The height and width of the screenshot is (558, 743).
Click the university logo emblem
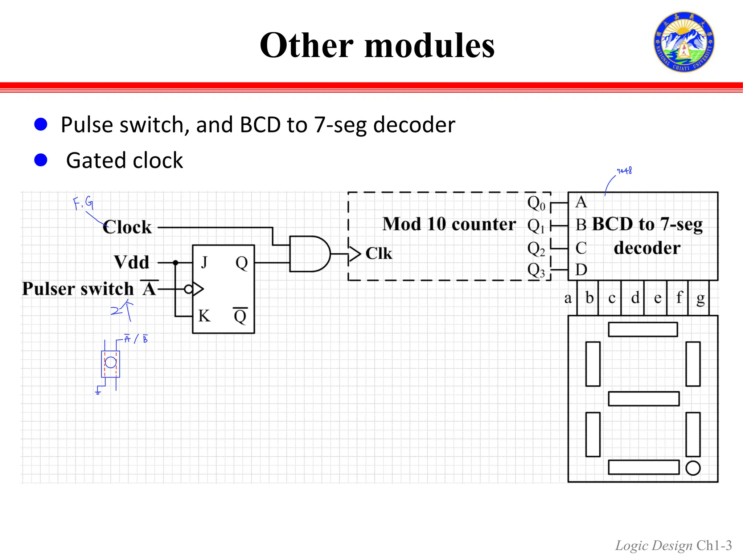pos(684,42)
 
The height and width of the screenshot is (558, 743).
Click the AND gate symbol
pos(308,254)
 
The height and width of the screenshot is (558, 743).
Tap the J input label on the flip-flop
pos(205,262)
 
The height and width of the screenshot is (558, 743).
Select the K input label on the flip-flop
pos(204,315)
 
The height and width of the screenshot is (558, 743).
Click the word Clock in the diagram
pos(127,227)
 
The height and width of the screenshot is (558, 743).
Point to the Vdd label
pos(131,262)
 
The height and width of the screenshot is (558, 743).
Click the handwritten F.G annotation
pos(83,203)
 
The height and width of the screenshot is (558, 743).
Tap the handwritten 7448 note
pos(624,171)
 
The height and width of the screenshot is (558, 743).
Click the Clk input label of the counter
pos(378,253)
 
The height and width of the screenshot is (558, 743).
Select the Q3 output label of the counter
pos(536,270)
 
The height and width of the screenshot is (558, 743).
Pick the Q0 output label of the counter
pos(536,203)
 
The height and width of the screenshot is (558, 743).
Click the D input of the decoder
pos(581,270)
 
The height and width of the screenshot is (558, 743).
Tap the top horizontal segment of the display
pos(643,329)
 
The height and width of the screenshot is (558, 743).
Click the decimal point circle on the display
pos(693,468)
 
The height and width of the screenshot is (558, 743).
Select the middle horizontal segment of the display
pos(643,399)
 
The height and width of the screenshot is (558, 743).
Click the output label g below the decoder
pos(701,299)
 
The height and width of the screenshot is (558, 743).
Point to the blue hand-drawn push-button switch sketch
pos(110,363)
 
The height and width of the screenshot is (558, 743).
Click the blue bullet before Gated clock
pos(41,160)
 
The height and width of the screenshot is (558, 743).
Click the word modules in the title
pos(429,45)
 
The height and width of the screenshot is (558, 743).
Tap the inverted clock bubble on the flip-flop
pos(188,289)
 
